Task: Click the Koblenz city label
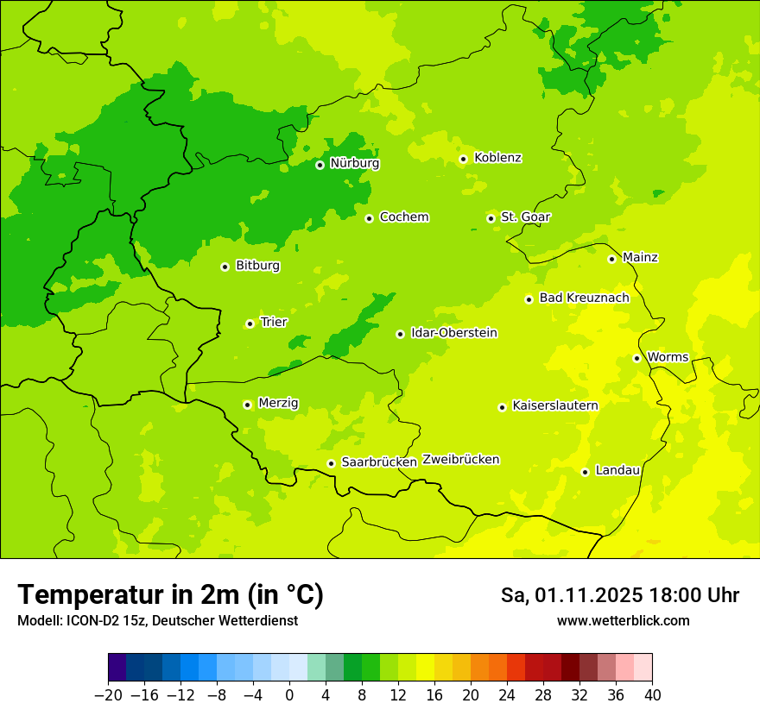[x=497, y=158]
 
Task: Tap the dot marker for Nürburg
[x=320, y=165]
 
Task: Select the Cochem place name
[x=403, y=217]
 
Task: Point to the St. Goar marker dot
[x=491, y=218]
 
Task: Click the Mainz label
[x=640, y=258]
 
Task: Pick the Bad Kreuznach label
[x=584, y=298]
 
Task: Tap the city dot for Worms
[x=636, y=358]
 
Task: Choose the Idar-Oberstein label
[x=453, y=333]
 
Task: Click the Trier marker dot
[x=250, y=323]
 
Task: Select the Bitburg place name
[x=257, y=266]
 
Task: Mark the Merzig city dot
[x=247, y=404]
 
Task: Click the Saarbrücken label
[x=379, y=462]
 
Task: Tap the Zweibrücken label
[x=460, y=460]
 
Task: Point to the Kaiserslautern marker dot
[x=502, y=407]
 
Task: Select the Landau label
[x=617, y=470]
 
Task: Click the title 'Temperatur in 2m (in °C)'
[x=170, y=595]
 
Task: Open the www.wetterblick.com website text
[x=623, y=621]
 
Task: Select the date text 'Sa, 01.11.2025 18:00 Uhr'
[x=619, y=595]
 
